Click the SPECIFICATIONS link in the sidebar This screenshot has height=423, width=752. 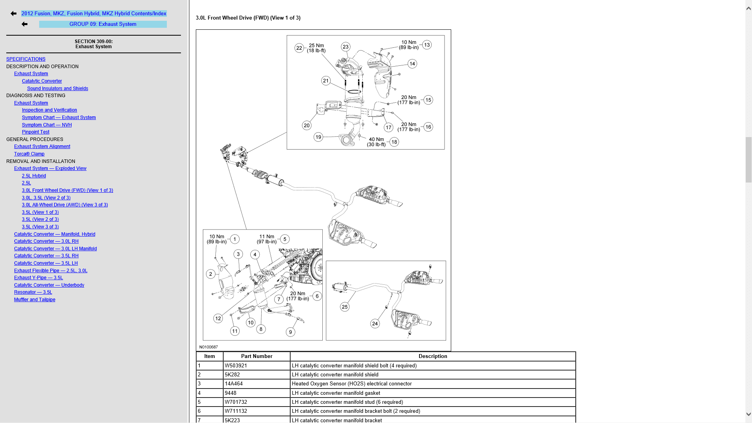point(26,59)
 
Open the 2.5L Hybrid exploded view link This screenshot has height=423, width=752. point(34,176)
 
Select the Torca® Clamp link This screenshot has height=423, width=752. point(29,154)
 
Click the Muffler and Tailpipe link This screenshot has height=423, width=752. point(34,300)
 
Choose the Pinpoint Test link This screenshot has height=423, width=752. point(36,132)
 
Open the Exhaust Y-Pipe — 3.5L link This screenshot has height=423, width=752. point(38,278)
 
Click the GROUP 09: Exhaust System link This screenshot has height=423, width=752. point(103,24)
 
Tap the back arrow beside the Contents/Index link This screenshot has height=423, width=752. point(14,14)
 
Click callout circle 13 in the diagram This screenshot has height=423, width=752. point(427,45)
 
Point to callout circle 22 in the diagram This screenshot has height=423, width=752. point(299,48)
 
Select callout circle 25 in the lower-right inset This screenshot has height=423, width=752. point(345,307)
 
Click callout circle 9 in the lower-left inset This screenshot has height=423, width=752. point(290,332)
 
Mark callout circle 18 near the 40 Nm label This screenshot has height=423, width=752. point(394,142)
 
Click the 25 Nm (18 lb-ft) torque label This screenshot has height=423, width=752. point(316,48)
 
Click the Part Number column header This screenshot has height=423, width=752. point(257,356)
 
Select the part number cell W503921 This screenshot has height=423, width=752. point(236,366)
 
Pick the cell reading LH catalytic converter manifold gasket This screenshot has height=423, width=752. point(336,393)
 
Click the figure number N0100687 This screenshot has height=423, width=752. point(208,347)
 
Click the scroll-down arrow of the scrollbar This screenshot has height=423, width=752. point(748,414)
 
